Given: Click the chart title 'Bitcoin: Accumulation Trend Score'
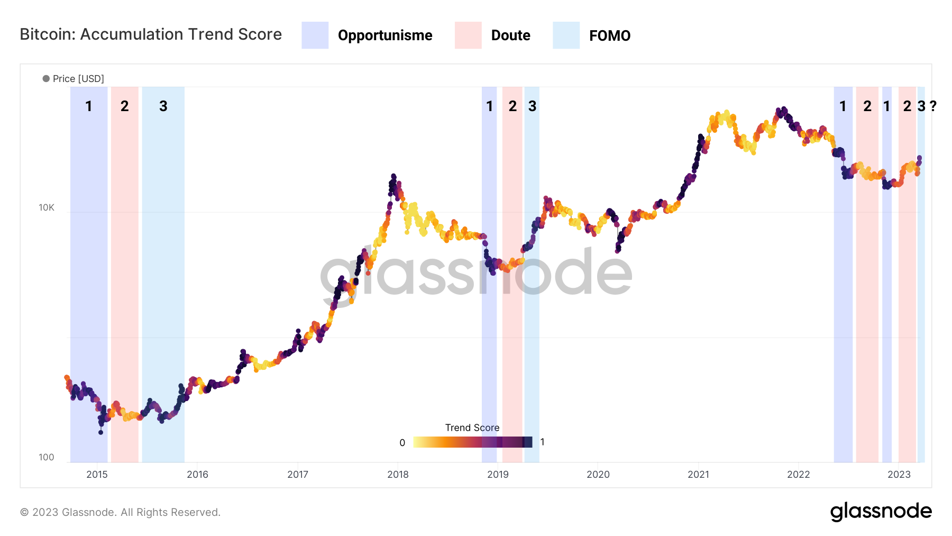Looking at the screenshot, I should (151, 34).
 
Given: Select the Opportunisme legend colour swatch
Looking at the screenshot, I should (315, 35).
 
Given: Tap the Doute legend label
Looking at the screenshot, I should (510, 35).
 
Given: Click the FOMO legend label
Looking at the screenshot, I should (610, 36).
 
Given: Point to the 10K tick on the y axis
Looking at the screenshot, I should (47, 207).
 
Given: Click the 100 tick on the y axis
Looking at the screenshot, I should (47, 457).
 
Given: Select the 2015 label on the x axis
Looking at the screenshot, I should (97, 475).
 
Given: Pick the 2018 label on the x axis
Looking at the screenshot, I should (398, 475).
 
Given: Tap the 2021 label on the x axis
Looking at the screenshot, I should (698, 475).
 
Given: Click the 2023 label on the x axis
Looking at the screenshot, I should (899, 475).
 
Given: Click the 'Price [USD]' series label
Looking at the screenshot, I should (78, 79).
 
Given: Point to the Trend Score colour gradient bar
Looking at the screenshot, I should (472, 442).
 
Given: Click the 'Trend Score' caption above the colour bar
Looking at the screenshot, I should (472, 428).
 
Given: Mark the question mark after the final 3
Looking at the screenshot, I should (933, 106).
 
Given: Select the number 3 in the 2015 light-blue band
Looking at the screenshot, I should (163, 106).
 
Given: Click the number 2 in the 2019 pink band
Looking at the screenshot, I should (512, 106).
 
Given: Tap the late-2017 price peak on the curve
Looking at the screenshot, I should (393, 176).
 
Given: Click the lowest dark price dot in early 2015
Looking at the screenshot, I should (100, 432).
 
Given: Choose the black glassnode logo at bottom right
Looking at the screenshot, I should (881, 512).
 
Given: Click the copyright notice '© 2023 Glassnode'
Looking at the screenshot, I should (120, 512).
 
